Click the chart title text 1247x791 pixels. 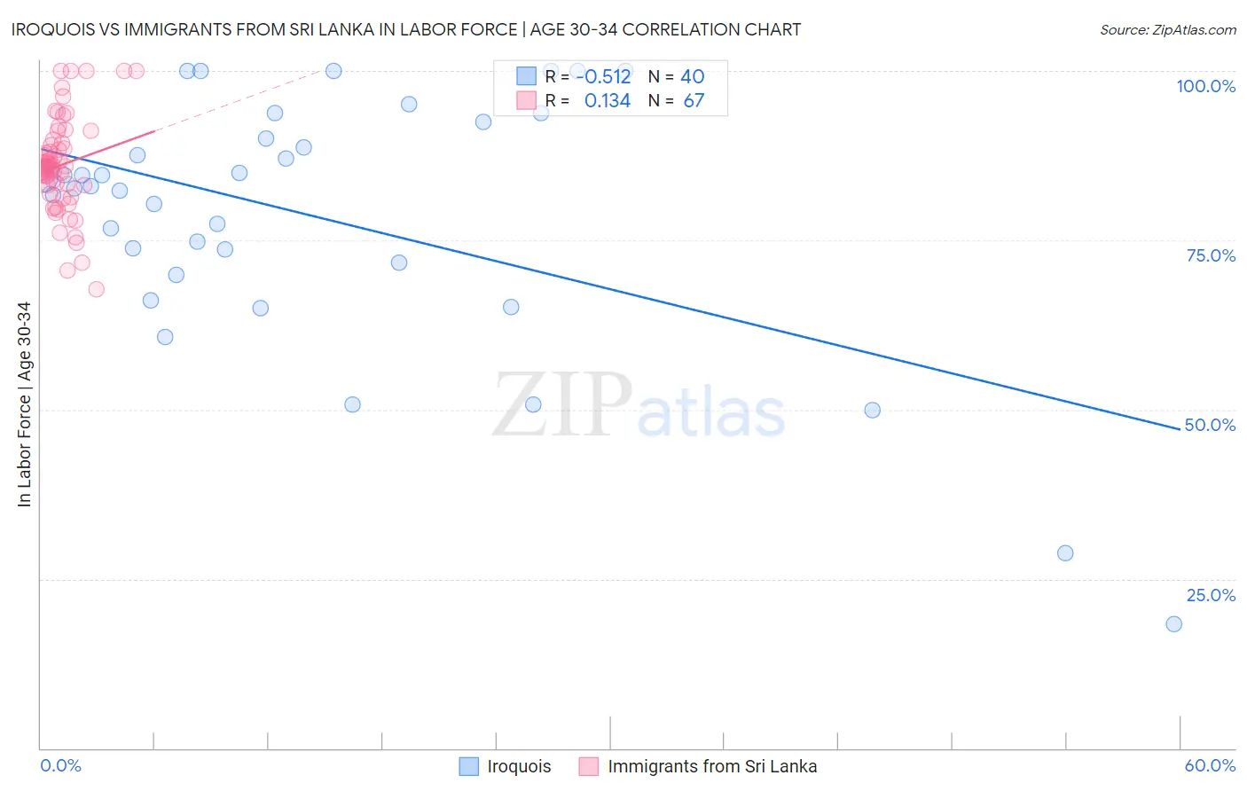click(x=406, y=29)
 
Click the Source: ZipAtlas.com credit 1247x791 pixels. click(x=1167, y=29)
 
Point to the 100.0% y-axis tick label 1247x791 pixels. click(x=1205, y=86)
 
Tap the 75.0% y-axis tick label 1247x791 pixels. click(x=1211, y=255)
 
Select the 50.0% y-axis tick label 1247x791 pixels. click(x=1210, y=425)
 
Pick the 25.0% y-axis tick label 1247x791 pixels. click(x=1211, y=595)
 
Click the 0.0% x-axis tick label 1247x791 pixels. click(x=60, y=765)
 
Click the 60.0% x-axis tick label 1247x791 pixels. click(x=1210, y=765)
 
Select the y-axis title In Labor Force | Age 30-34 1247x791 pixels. click(x=24, y=404)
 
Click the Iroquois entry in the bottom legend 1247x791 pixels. click(x=518, y=766)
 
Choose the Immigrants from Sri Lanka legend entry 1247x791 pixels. click(x=711, y=766)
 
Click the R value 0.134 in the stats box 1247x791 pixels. click(x=607, y=101)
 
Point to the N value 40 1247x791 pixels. click(x=692, y=77)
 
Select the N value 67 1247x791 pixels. click(x=693, y=101)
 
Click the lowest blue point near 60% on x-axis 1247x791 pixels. click(x=1173, y=624)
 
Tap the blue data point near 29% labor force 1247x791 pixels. click(x=1065, y=553)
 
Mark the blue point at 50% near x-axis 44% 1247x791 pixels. click(x=872, y=411)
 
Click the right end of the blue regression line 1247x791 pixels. click(x=1180, y=429)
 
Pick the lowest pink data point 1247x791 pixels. click(x=96, y=289)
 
